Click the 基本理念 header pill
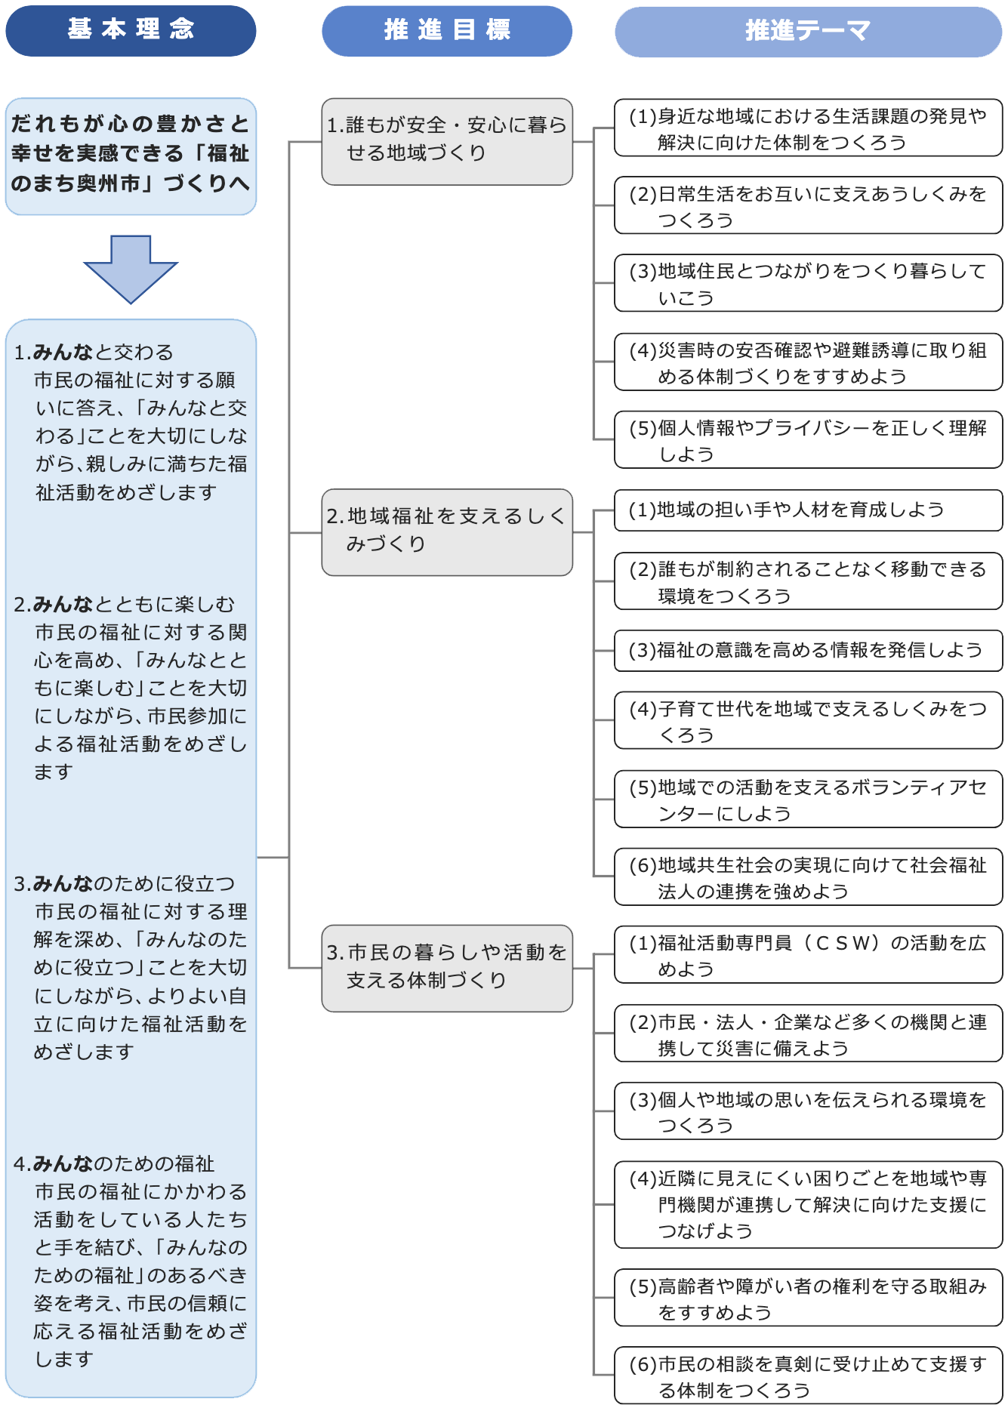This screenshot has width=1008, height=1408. coord(131,31)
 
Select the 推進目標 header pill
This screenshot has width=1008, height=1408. coord(447,31)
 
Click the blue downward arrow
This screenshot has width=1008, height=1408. coord(131,269)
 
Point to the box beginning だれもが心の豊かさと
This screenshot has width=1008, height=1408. coord(131,156)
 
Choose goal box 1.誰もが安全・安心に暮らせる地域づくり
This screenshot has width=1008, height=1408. coord(447,141)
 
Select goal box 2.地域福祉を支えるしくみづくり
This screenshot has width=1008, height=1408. coord(447,532)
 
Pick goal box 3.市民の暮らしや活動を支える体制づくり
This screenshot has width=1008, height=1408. coord(447,968)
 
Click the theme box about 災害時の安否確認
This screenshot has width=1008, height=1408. coord(808,362)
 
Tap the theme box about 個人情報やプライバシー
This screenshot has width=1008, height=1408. coord(808,440)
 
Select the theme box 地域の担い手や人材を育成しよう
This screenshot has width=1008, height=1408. coord(808,510)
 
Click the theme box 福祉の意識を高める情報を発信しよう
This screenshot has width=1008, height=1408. coord(808,650)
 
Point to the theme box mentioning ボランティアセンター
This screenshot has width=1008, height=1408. coord(808,800)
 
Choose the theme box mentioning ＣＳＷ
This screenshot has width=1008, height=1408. coord(808,955)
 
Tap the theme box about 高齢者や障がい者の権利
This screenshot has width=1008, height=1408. coord(808,1298)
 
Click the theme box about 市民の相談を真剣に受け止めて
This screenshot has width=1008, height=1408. coord(808,1376)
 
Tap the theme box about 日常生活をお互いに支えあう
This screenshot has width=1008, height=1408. coord(808,206)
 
